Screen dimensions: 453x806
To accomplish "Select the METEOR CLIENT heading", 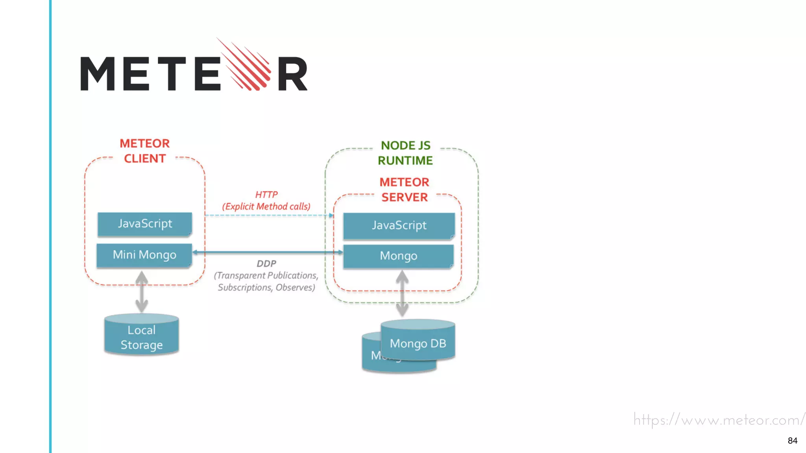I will click(145, 151).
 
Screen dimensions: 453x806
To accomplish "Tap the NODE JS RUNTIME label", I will click(405, 153).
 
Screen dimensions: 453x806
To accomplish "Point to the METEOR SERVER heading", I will click(404, 190).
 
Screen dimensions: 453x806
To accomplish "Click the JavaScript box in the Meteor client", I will click(145, 224).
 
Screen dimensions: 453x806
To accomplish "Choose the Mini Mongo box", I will click(144, 255).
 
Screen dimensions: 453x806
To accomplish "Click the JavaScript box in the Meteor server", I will click(399, 226).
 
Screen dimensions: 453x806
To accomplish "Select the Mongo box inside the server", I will click(398, 256).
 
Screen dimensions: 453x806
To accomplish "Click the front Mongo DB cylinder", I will click(418, 342).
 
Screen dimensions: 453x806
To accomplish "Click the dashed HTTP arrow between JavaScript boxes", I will click(268, 215).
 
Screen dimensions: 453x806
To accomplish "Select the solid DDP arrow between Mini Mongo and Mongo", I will click(268, 252).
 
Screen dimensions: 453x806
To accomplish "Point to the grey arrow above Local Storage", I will click(142, 292).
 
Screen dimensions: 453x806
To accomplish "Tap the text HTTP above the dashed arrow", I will click(266, 195).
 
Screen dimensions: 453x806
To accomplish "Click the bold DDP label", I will click(266, 264).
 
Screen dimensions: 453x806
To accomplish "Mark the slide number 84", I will click(792, 441).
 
